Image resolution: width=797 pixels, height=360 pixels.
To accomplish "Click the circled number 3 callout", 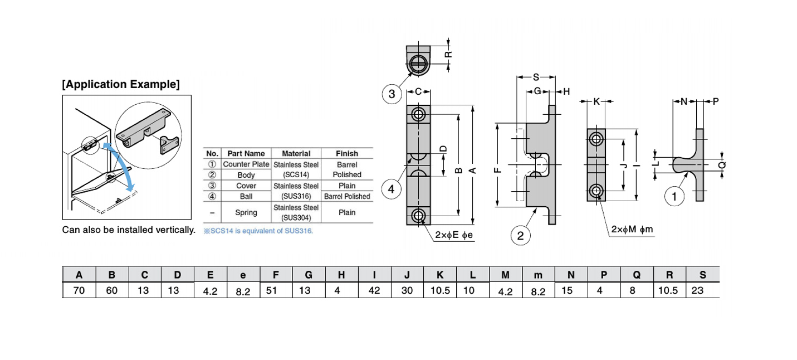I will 392,94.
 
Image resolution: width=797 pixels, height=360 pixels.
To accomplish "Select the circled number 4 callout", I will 392,189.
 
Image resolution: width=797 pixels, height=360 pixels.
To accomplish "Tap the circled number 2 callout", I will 520,236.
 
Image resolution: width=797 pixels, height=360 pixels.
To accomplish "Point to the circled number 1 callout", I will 674,196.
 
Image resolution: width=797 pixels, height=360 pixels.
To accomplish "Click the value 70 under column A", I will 79,290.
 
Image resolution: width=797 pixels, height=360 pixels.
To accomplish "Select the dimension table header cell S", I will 702,274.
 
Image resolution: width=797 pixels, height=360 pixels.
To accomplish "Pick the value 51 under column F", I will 272,290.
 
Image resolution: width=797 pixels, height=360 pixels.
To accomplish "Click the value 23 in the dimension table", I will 698,290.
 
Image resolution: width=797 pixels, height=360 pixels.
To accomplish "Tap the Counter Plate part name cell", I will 246,164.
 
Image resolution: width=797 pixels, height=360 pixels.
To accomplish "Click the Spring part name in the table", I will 246,212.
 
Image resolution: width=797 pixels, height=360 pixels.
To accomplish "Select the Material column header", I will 296,153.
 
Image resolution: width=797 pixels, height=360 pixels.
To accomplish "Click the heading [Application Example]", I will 121,85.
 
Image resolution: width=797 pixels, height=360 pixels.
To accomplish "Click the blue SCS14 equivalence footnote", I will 258,231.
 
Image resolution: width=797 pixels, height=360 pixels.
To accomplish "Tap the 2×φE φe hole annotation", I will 453,235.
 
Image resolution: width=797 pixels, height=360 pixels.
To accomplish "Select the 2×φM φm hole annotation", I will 631,230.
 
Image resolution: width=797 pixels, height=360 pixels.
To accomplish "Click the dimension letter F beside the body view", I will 497,170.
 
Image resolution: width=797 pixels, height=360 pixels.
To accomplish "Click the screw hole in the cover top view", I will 418,62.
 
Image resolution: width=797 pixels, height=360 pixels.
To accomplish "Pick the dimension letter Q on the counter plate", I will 722,166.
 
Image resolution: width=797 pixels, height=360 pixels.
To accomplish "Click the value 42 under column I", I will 374,290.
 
